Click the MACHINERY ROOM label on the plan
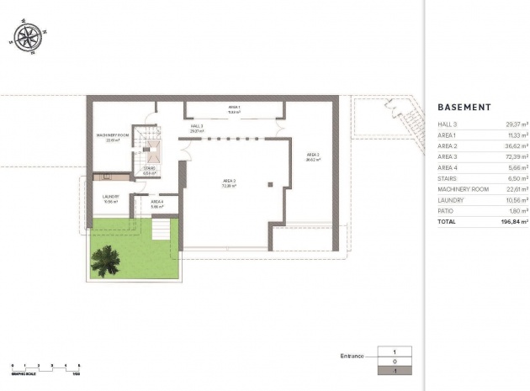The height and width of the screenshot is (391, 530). [111, 137]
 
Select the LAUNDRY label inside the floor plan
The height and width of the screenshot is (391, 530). [111, 198]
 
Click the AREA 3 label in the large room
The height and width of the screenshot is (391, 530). [229, 182]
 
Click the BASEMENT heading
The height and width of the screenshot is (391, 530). [464, 108]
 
